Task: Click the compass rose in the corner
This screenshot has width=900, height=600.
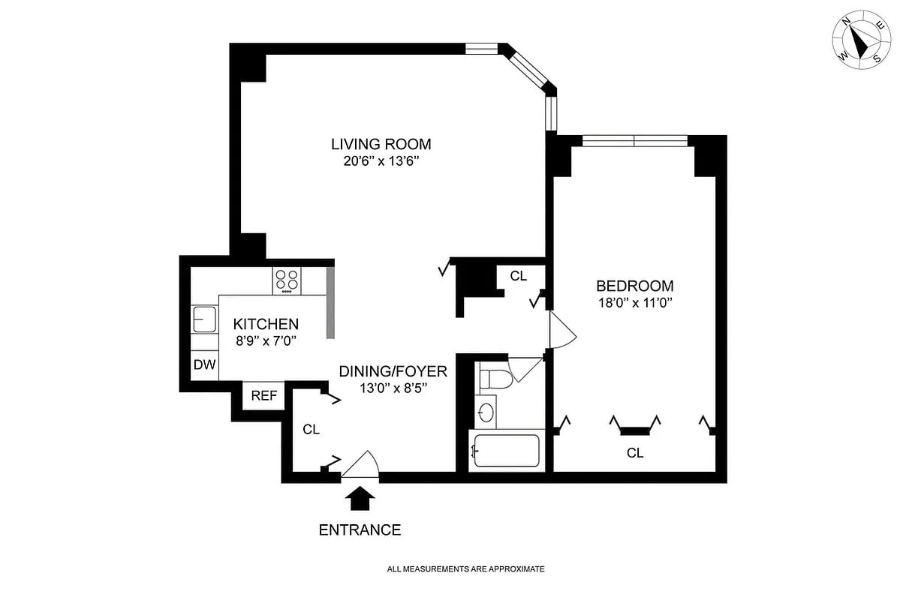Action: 862,42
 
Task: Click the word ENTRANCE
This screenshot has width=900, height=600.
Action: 360,530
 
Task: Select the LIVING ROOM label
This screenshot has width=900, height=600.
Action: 381,144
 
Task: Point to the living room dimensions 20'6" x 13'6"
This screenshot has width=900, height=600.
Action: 381,161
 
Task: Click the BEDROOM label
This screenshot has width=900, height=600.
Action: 634,286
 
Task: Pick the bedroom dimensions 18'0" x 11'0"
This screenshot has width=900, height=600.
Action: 634,303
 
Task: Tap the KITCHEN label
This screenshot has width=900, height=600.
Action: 266,324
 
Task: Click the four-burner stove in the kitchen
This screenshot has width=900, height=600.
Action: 287,280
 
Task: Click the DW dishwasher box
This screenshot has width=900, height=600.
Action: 204,365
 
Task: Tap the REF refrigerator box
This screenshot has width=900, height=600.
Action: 263,395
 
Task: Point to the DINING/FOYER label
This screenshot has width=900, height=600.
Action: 393,371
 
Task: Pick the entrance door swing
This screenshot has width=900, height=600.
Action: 362,466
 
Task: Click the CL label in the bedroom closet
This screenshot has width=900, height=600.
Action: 635,453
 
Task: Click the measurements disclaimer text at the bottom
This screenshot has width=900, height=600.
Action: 465,569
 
